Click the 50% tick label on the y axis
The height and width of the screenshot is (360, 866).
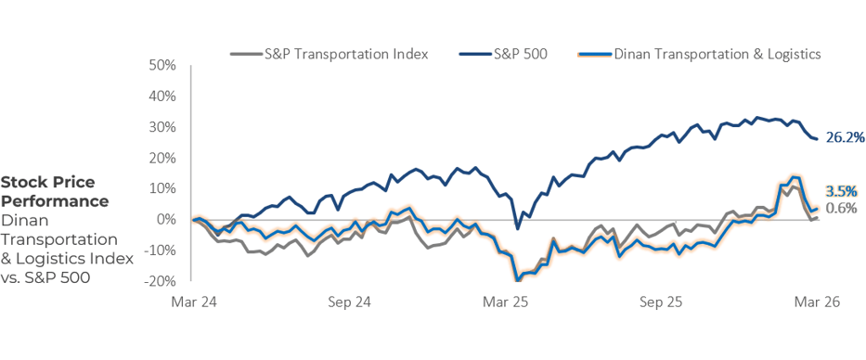[162, 65]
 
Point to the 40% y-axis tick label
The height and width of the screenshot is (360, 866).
[162, 96]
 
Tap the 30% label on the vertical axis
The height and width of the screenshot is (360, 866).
[162, 127]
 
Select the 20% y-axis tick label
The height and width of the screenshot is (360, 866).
[162, 158]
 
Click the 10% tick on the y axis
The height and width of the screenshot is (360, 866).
[162, 188]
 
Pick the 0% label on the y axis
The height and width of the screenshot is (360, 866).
[166, 219]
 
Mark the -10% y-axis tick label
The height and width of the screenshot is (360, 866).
[161, 250]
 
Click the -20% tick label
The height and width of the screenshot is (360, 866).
[161, 280]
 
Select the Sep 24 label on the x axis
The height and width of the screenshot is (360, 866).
[349, 302]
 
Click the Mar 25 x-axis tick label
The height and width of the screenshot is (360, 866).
[504, 302]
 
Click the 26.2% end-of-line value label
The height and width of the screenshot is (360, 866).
[846, 137]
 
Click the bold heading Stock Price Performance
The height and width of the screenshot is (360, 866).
[55, 191]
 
